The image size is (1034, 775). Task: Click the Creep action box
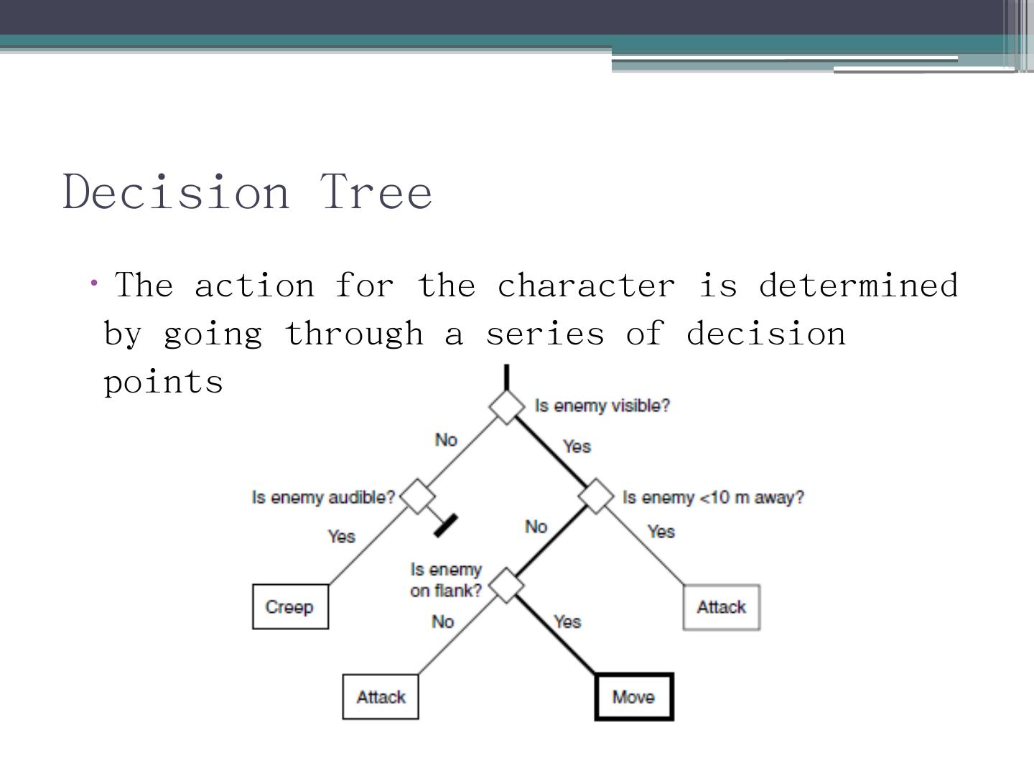tap(290, 607)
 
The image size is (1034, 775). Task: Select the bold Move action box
tap(634, 697)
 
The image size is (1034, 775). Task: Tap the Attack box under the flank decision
tap(381, 697)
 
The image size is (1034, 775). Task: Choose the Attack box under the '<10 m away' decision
tap(721, 607)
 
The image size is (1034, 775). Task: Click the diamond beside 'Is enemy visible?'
tap(507, 406)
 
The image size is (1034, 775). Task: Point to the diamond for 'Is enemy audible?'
tap(417, 497)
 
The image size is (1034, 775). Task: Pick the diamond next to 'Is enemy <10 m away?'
tap(597, 497)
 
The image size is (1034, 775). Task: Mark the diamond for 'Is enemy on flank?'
tap(507, 586)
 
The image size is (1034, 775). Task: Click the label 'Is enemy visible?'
tap(602, 406)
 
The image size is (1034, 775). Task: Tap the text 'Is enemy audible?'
tap(323, 497)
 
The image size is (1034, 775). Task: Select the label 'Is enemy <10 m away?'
tap(713, 497)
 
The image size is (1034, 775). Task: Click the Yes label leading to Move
tap(567, 621)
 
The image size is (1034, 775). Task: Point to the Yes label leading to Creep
tap(342, 536)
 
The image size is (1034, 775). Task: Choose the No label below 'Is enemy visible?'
tap(446, 439)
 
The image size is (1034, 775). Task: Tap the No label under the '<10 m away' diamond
tap(536, 527)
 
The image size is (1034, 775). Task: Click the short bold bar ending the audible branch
tap(446, 525)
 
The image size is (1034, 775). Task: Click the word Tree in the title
tap(376, 192)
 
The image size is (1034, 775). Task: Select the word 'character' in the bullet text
tap(586, 286)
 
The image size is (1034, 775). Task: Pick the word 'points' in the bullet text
tap(164, 382)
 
